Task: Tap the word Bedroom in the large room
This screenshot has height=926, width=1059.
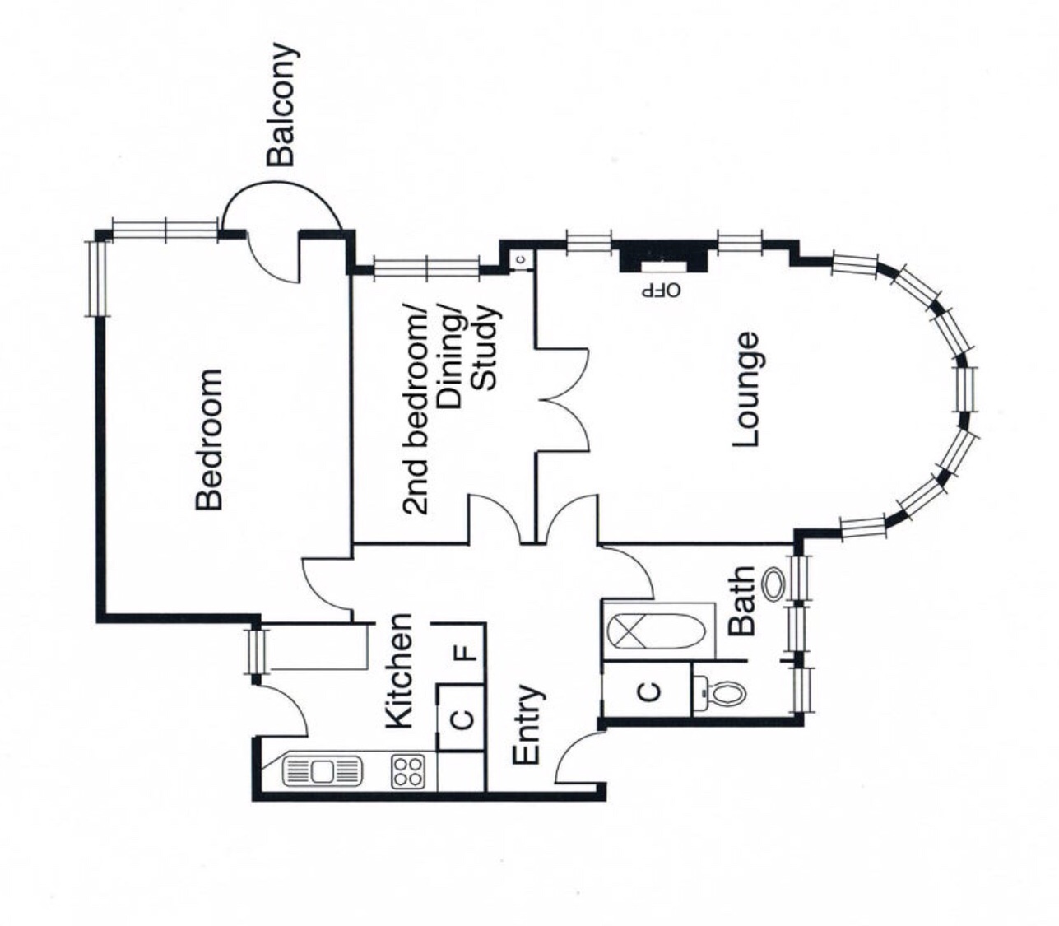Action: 210,440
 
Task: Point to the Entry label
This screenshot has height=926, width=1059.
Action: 527,724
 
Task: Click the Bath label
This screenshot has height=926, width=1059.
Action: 741,601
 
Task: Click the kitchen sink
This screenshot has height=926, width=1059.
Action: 323,772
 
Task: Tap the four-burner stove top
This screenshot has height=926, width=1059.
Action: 408,772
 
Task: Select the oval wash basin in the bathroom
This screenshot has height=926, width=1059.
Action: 773,584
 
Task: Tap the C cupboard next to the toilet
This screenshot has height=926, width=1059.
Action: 648,691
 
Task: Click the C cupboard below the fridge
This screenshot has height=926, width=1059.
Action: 462,719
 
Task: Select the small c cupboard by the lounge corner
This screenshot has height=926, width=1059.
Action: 521,259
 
